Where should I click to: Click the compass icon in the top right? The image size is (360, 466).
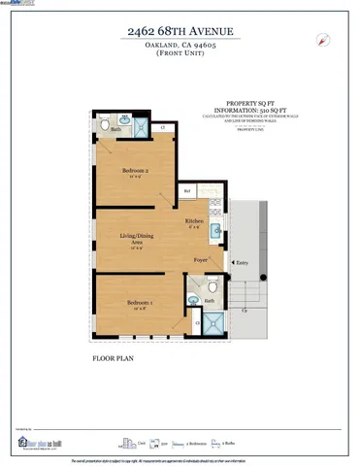click(x=321, y=39)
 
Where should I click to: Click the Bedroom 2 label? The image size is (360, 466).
click(x=134, y=171)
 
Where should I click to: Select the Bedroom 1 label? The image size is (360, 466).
click(x=139, y=304)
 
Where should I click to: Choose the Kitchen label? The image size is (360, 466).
click(x=195, y=220)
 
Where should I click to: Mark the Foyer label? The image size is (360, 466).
click(x=201, y=261)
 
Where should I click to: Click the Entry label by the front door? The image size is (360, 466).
click(x=242, y=261)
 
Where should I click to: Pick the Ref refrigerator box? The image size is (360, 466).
click(x=187, y=191)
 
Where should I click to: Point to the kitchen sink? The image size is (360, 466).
click(x=215, y=230)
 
